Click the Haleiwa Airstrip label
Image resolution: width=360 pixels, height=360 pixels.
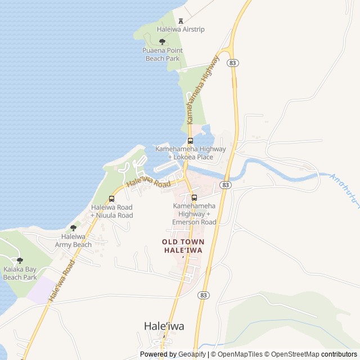pos(181,29)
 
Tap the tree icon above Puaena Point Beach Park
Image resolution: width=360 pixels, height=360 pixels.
pos(162,42)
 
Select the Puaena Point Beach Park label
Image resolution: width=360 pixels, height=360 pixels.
pos(162,54)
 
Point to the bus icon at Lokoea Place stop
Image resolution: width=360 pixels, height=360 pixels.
pos(190,141)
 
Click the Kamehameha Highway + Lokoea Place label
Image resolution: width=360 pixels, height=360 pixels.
pos(190,153)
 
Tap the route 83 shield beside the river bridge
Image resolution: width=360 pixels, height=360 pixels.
pos(226,184)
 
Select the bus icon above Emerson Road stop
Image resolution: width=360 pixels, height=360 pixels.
pos(194,197)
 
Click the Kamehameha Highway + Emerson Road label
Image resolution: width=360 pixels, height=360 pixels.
pos(194,214)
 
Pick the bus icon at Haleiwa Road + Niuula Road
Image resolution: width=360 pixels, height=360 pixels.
pos(111,199)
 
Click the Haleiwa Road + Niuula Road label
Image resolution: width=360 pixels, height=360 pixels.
pos(111,211)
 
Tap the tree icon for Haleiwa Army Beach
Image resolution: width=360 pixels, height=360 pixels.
pos(73,228)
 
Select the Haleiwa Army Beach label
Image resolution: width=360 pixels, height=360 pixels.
pos(73,241)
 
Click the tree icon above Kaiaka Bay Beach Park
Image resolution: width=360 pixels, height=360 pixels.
pos(20,260)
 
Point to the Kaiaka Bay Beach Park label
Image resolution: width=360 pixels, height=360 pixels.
pos(20,273)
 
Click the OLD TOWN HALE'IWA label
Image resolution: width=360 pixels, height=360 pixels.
pos(183,246)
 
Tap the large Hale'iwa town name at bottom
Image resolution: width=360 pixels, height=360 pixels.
pos(164,326)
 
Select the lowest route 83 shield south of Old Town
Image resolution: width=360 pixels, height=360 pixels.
pos(204,295)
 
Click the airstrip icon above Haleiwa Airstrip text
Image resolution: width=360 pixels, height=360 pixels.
pos(181,20)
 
